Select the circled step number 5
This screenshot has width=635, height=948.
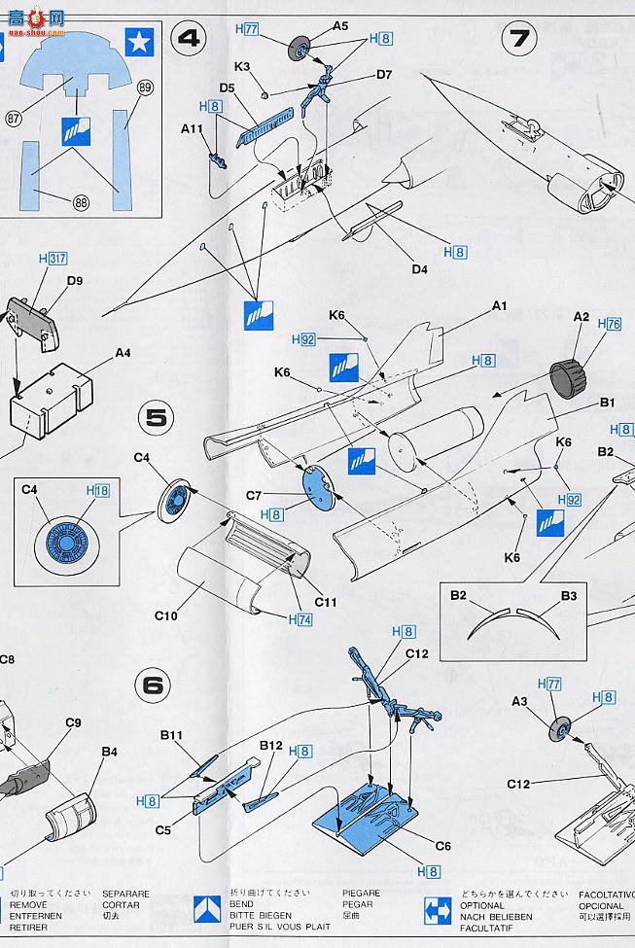pyautogui.click(x=159, y=418)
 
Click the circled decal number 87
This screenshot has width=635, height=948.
pyautogui.click(x=14, y=118)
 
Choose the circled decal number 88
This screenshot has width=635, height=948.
pyautogui.click(x=80, y=201)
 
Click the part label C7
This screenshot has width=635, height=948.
pyautogui.click(x=255, y=496)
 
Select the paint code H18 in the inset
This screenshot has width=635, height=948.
pyautogui.click(x=97, y=492)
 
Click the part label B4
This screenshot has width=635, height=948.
pyautogui.click(x=109, y=751)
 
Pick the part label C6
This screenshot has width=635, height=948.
pyautogui.click(x=441, y=846)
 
